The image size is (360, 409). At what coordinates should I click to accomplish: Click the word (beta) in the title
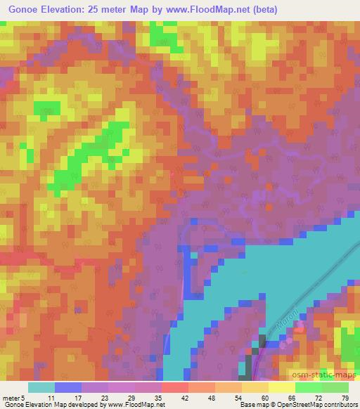coord(262,9)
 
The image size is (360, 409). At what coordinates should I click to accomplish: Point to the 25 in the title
coord(95,9)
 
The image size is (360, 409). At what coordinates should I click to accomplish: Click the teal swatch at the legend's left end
coord(41,388)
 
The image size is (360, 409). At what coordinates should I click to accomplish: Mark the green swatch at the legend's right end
coord(335,388)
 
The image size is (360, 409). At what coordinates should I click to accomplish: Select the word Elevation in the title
coord(60,9)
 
